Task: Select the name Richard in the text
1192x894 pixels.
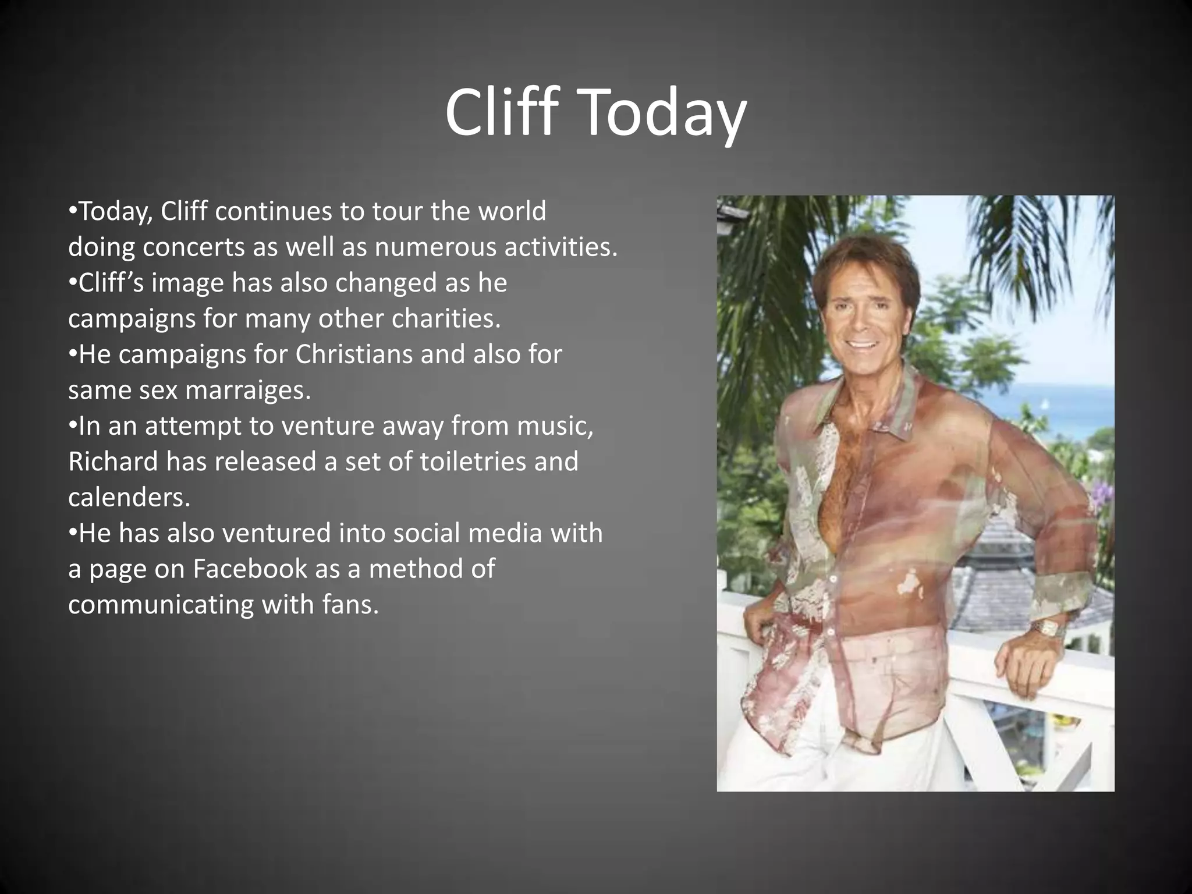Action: [113, 462]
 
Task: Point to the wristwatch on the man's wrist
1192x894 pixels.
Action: [1047, 629]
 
